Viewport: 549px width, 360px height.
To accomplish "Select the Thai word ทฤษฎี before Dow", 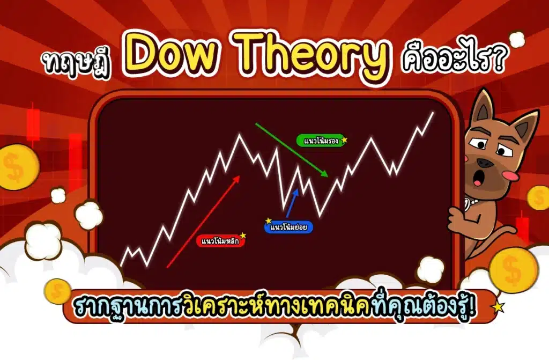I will pyautogui.click(x=78, y=60).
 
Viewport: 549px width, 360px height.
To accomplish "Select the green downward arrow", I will pyautogui.click(x=292, y=150).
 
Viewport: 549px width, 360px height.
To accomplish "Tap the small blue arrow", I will pyautogui.click(x=292, y=202).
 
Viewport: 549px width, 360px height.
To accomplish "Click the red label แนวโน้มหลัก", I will pyautogui.click(x=220, y=241).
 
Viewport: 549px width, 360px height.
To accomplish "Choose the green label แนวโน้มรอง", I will pyautogui.click(x=319, y=141).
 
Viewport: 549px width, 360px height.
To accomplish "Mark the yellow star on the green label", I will pyautogui.click(x=344, y=140).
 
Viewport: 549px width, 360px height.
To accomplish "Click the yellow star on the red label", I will pyautogui.click(x=243, y=235).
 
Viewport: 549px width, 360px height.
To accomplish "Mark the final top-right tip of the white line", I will pyautogui.click(x=433, y=112).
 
